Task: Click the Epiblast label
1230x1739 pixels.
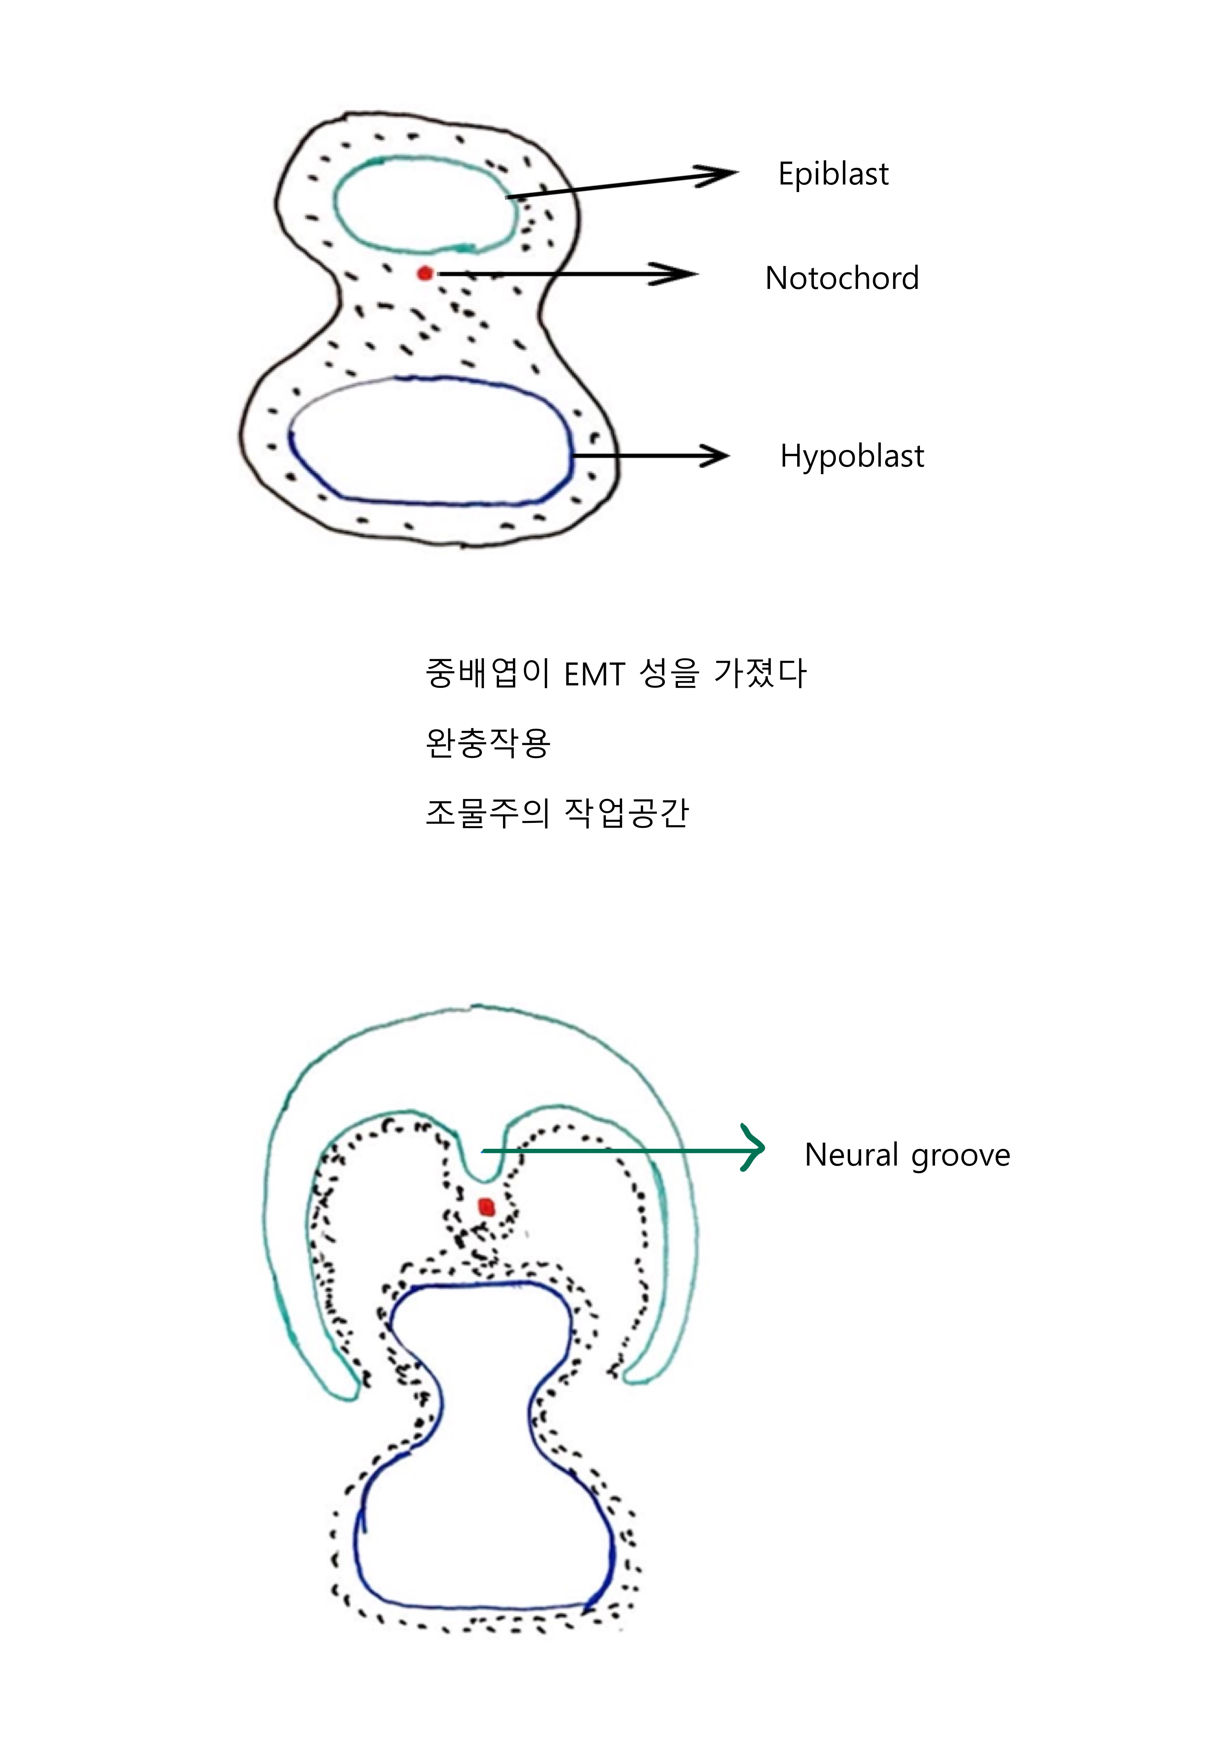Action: (x=833, y=174)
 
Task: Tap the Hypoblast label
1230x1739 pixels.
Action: (x=852, y=456)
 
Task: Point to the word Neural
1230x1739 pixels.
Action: (x=851, y=1155)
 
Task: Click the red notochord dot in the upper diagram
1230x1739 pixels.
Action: (x=425, y=273)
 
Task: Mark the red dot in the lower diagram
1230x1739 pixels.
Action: (x=486, y=1207)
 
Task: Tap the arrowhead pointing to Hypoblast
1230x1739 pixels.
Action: (x=716, y=456)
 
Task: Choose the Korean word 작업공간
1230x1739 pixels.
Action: (x=627, y=813)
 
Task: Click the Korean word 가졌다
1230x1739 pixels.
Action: (x=760, y=673)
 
